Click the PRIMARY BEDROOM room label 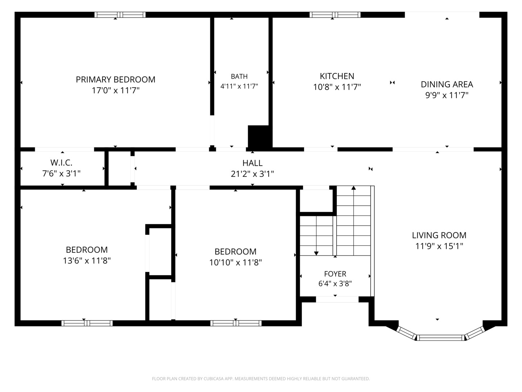click(x=115, y=79)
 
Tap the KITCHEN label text click(x=337, y=76)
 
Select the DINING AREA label click(x=447, y=84)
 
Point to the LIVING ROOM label click(x=439, y=235)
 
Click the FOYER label click(x=335, y=274)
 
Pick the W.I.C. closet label click(x=61, y=163)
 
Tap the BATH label click(x=239, y=76)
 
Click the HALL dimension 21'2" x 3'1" click(x=252, y=174)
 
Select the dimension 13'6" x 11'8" click(x=87, y=261)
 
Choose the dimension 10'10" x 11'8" click(x=235, y=262)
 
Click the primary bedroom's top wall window click(x=120, y=15)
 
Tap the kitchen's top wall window click(x=335, y=15)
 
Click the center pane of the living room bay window click(x=441, y=338)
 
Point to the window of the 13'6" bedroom click(x=87, y=323)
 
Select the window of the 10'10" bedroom click(x=236, y=323)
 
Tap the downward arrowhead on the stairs click(x=316, y=253)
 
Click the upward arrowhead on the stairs click(x=354, y=188)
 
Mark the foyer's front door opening click(x=337, y=299)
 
